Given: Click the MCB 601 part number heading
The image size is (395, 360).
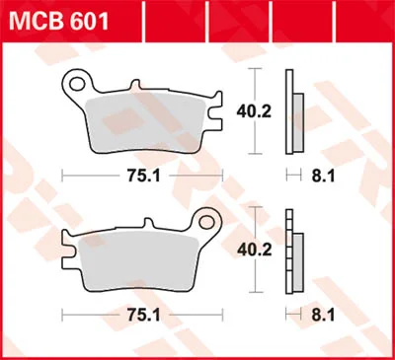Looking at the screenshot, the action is tap(58, 22).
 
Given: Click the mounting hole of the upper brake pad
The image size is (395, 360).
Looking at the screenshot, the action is tap(76, 84).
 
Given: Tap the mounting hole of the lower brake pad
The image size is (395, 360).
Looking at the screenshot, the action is tap(206, 222).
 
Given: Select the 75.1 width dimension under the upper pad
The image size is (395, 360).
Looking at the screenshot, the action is tap(144, 177).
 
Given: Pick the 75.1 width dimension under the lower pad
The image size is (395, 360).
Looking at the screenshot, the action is tap(144, 316).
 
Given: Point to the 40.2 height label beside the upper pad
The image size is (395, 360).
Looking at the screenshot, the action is tap(254, 111).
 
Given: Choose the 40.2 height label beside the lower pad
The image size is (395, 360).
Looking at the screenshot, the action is tap(255, 251).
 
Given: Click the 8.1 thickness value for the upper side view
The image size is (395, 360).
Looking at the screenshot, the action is tap(323, 177).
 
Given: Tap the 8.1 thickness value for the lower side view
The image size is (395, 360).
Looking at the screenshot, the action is tap(323, 316).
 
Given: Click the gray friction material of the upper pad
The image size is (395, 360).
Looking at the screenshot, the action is tap(145, 124).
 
